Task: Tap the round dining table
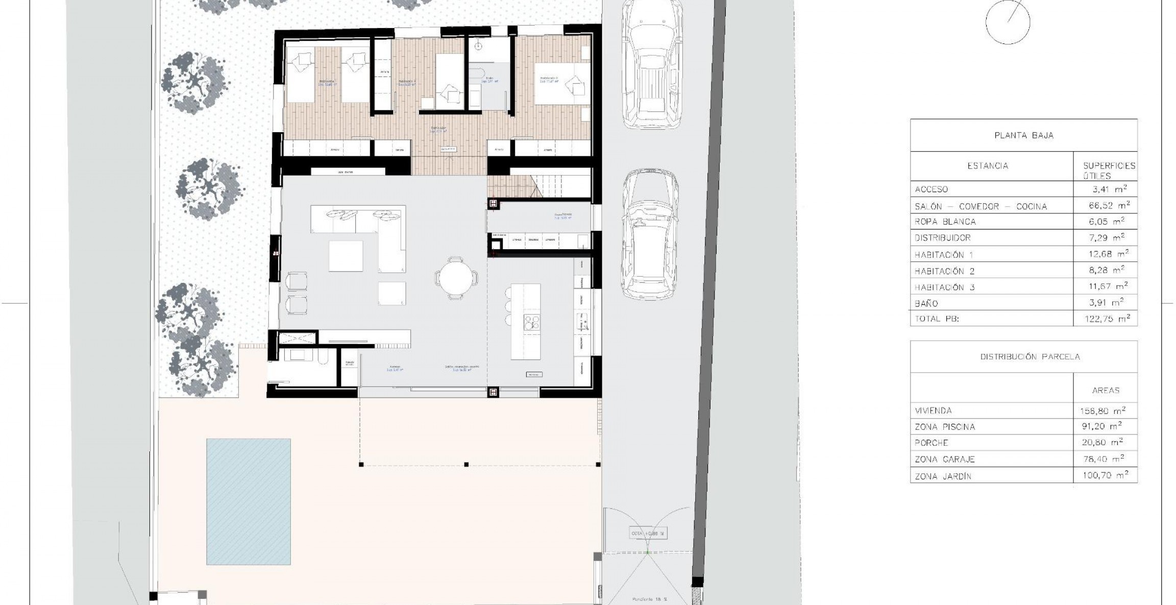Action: pos(456,278)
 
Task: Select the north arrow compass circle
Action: pos(1008,22)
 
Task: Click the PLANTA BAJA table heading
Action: pos(1023,135)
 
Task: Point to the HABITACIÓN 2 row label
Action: pos(944,271)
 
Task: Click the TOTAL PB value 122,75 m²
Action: pos(1107,319)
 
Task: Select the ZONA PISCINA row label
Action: pos(944,427)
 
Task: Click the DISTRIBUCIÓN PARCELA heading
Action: pos(1030,356)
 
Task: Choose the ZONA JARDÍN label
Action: pos(943,476)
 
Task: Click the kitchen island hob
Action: pos(532,322)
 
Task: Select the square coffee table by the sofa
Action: pos(346,256)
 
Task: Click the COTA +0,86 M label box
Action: pos(647,534)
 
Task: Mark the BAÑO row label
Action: pos(926,303)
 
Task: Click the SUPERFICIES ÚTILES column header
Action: pos(1109,171)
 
